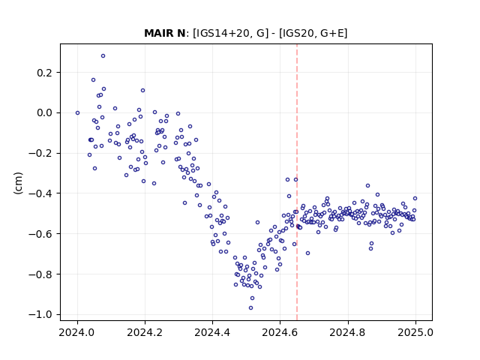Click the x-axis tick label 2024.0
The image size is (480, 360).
(x=77, y=332)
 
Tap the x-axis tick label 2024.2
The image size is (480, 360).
(x=145, y=332)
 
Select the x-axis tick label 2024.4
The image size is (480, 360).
(x=212, y=332)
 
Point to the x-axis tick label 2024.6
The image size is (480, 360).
(x=280, y=332)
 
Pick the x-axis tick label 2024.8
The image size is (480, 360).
(x=348, y=332)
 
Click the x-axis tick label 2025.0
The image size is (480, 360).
(x=415, y=332)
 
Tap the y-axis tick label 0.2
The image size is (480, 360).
(x=44, y=73)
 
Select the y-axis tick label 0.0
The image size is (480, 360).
(x=44, y=113)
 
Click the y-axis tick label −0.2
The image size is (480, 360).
(x=40, y=153)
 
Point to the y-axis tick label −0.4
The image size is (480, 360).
(x=40, y=193)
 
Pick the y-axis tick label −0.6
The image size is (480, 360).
(x=40, y=234)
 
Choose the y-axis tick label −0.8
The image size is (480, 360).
(x=40, y=274)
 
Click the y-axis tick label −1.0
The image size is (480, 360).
(x=40, y=315)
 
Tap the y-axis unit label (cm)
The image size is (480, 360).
(x=18, y=183)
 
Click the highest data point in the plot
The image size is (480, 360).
(x=103, y=56)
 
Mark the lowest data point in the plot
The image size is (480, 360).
(x=250, y=308)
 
